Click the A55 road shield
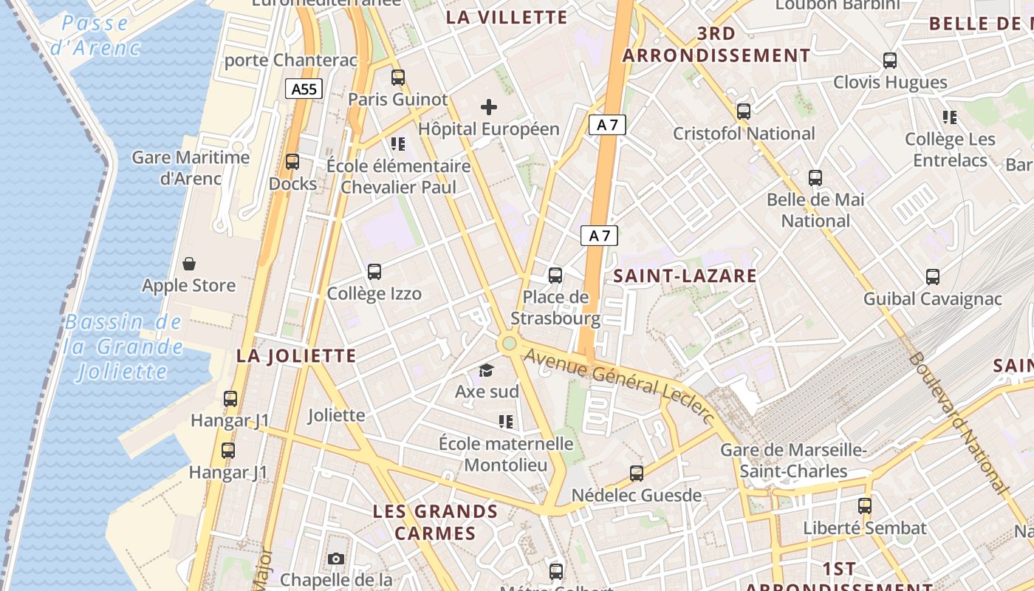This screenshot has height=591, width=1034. point(304,89)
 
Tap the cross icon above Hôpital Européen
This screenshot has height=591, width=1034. point(488,107)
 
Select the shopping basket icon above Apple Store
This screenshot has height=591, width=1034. point(189,264)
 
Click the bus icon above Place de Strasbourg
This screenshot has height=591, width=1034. point(555,276)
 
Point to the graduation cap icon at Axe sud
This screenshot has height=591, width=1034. point(486,370)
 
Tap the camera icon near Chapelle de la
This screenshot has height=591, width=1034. point(336,558)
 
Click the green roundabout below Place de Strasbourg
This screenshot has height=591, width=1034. point(508,344)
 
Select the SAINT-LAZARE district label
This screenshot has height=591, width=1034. point(685,276)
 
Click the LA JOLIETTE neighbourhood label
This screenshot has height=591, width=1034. point(296,356)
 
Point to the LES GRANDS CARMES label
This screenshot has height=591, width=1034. point(435,522)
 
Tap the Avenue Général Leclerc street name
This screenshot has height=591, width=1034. point(619,386)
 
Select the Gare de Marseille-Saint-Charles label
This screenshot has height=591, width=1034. point(794,460)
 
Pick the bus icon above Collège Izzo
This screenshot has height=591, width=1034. point(374,272)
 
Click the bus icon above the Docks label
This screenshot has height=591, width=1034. point(292,162)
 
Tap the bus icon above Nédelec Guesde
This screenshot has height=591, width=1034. point(637,474)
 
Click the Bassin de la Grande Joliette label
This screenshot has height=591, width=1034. point(123,346)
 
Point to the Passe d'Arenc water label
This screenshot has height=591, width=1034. point(95,35)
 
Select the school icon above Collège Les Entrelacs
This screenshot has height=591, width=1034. point(950,117)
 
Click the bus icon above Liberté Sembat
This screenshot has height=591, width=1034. point(865,506)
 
